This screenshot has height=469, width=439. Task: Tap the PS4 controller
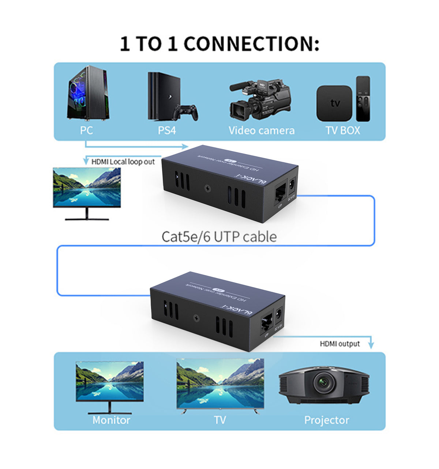tap(186, 112)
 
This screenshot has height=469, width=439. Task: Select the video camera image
tap(260, 99)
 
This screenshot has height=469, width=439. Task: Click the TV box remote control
tap(363, 99)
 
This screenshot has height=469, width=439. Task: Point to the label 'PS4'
tap(167, 130)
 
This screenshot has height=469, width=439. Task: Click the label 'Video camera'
tap(261, 130)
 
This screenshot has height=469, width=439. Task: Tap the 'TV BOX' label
tap(343, 130)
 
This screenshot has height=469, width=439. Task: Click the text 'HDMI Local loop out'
tap(123, 162)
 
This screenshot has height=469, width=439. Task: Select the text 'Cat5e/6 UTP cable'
tap(219, 237)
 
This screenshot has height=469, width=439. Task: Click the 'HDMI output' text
tap(340, 344)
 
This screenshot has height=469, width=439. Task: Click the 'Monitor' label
tap(111, 420)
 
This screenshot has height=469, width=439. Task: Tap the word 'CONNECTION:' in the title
tap(251, 44)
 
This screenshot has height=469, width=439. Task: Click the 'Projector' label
tap(326, 420)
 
